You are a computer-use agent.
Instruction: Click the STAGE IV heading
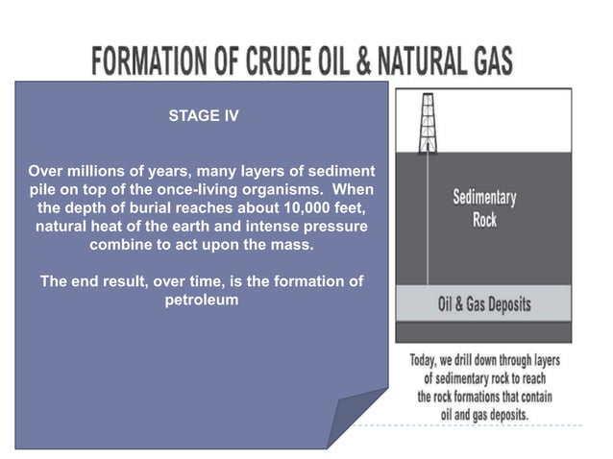(203, 116)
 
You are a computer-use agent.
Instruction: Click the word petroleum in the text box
(202, 300)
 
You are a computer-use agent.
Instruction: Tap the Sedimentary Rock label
(484, 208)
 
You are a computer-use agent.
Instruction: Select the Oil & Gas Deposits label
(484, 305)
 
